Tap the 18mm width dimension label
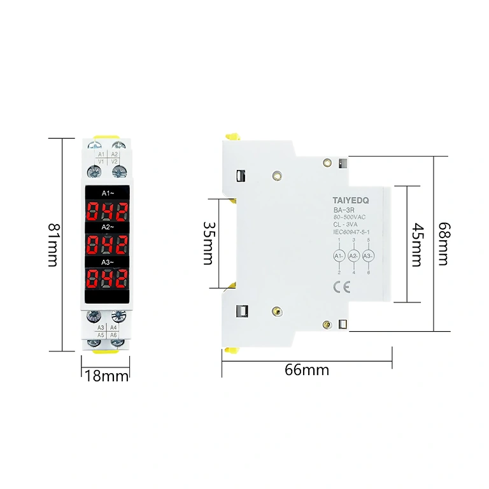tap(106, 376)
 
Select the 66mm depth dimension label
tap(308, 369)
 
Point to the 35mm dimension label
tap(208, 243)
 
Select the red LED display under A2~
tap(107, 244)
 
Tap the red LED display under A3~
tap(107, 278)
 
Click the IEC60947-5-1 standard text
tap(352, 232)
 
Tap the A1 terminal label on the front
tap(101, 154)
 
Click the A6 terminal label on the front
tap(114, 334)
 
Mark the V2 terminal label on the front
tap(115, 162)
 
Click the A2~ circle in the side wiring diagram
tap(354, 256)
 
